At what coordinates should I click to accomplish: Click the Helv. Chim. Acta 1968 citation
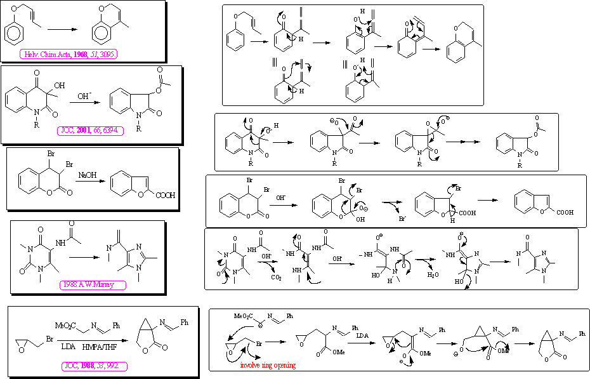(x=68, y=54)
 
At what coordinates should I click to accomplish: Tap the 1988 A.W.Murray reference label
(x=93, y=284)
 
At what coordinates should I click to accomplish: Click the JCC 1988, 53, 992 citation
(x=96, y=366)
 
